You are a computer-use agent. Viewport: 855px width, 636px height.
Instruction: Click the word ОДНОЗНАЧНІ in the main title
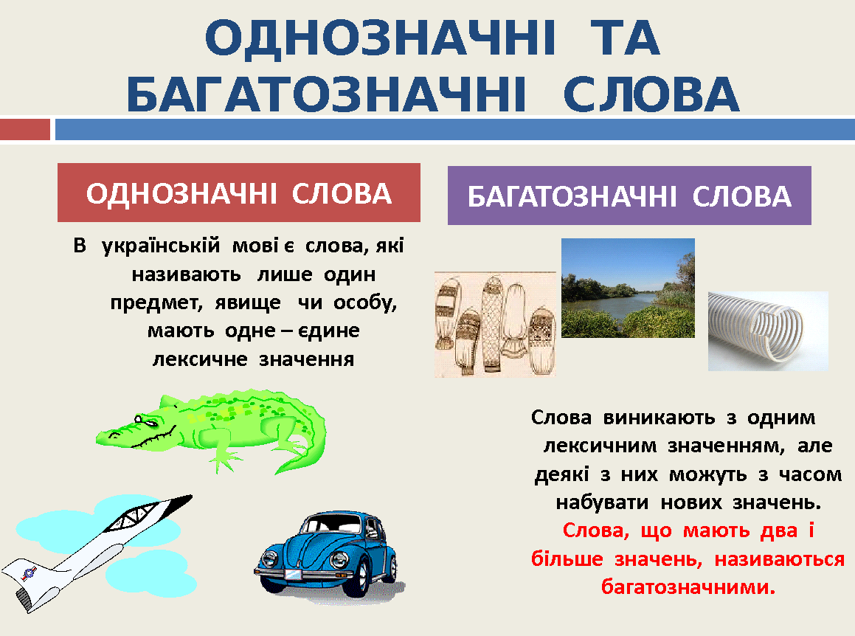coord(380,38)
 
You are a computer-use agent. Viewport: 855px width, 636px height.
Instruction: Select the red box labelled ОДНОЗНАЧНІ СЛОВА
coord(239,193)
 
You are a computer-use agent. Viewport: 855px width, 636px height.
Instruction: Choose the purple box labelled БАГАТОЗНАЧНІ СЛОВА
coord(629,196)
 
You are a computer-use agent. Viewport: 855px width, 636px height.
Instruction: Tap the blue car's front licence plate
coord(294,574)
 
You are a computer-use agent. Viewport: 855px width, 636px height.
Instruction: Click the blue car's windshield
coord(332,524)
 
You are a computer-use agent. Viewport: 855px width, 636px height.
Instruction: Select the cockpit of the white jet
coord(134,516)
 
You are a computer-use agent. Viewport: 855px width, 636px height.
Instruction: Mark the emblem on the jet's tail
coord(28,573)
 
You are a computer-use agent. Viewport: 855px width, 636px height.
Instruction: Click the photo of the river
coord(629,288)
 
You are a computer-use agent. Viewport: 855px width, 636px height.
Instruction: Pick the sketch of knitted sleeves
coord(495,325)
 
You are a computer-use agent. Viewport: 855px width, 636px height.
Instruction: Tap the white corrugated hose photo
coord(768,331)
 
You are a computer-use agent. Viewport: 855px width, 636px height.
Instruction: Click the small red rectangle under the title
coord(25,130)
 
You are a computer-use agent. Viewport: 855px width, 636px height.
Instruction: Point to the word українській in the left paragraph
coord(161,246)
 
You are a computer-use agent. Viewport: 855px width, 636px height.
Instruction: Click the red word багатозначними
coord(688,587)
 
